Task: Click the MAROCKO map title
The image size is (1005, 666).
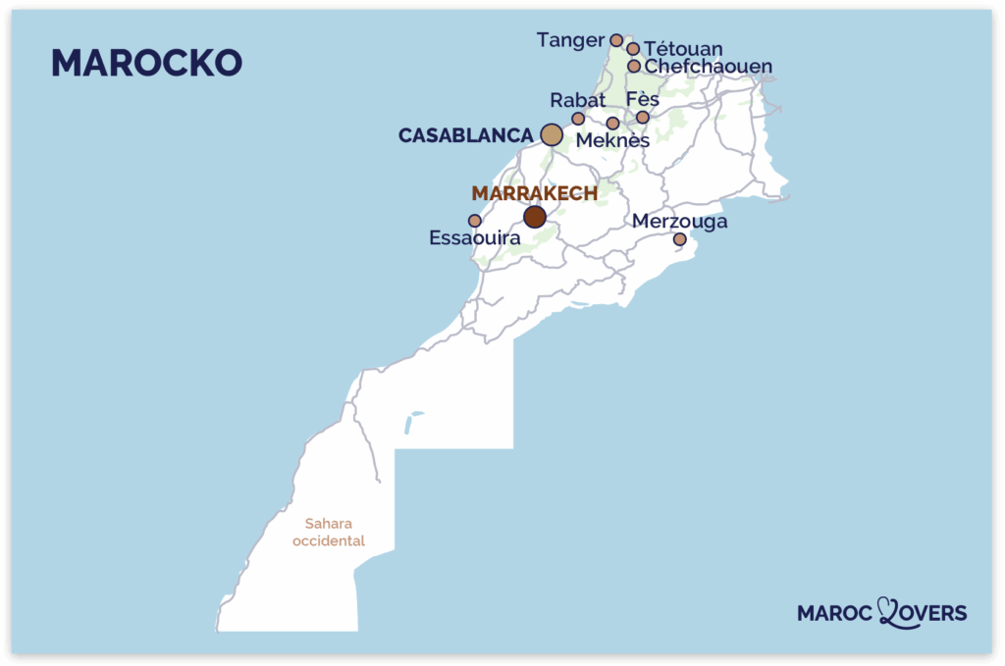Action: click(146, 63)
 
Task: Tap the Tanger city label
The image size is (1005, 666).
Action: click(570, 40)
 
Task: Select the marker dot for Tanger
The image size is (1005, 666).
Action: click(616, 40)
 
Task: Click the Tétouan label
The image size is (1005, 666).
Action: click(684, 49)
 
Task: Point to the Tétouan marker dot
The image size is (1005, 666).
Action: click(633, 48)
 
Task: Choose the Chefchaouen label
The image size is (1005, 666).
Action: click(708, 67)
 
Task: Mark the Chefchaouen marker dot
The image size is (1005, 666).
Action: click(634, 67)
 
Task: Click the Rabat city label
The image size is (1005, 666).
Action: click(578, 100)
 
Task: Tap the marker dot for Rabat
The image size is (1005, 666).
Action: click(578, 119)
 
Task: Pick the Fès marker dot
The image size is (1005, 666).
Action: click(643, 118)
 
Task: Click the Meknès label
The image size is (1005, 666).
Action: click(612, 141)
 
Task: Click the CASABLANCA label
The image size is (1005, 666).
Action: click(465, 135)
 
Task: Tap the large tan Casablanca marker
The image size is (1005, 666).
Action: click(552, 135)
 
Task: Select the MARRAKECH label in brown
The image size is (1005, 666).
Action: click(534, 193)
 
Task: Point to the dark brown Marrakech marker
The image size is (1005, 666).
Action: click(535, 217)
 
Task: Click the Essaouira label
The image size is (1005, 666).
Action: click(474, 237)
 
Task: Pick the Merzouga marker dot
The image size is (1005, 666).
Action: click(679, 239)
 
